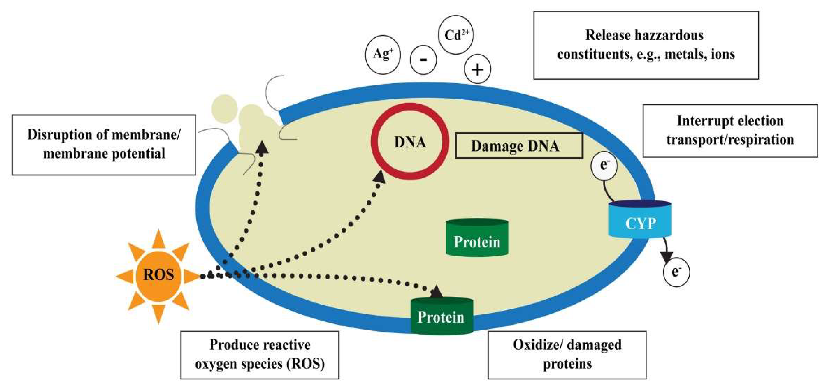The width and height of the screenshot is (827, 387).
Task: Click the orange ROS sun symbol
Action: coord(158,275)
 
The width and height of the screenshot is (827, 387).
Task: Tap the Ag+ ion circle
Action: coord(383,55)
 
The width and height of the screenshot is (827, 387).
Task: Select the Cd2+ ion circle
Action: coord(455,35)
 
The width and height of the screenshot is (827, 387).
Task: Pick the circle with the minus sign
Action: coord(423,60)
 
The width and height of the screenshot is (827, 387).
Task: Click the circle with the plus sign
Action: coord(477,69)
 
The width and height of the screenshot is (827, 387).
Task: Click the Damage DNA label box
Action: coord(519,146)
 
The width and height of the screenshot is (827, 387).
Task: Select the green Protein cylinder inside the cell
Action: coord(477,238)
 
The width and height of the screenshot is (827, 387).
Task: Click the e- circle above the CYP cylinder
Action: coord(604,166)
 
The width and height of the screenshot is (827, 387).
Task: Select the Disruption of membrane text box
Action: coord(104,145)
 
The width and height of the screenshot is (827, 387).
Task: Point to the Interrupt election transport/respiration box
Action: coord(730,131)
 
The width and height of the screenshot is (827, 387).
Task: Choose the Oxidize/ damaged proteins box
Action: coord(567,354)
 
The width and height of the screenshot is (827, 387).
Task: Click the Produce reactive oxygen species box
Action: coord(259,354)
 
